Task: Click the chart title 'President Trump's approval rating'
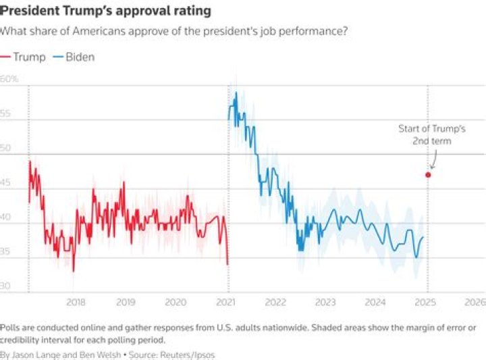(x=105, y=11)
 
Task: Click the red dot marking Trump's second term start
(x=428, y=175)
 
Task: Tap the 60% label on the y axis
(x=9, y=79)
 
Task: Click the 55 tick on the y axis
(x=6, y=113)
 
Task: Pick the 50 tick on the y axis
(x=6, y=148)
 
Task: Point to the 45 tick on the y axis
(x=6, y=182)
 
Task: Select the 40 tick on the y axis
(x=6, y=217)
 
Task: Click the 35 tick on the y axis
(x=6, y=251)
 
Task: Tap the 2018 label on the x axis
(x=76, y=302)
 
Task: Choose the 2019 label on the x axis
(x=126, y=302)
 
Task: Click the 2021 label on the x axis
(x=226, y=302)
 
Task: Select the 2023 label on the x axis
(x=325, y=302)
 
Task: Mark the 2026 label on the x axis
(x=475, y=302)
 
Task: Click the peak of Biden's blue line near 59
(x=236, y=93)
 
